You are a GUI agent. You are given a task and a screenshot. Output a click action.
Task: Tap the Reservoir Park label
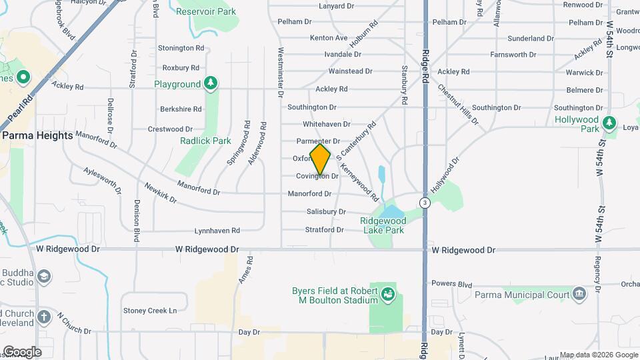[x=207, y=11]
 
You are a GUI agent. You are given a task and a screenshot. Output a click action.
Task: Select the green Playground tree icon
[x=211, y=83]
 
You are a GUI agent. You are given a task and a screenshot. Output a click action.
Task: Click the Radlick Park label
[x=205, y=141]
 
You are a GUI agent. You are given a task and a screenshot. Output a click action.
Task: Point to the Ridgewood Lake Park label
[x=383, y=225]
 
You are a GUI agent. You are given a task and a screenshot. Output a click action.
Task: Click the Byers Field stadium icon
[x=387, y=292]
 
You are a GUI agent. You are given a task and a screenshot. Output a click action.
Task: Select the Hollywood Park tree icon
[x=609, y=123]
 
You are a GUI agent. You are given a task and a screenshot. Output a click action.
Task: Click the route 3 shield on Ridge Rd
[x=424, y=202]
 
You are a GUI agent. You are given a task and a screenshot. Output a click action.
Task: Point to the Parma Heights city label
[x=37, y=135]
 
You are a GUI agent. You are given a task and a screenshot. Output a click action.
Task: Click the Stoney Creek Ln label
[x=150, y=310]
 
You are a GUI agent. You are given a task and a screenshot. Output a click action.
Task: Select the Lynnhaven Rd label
[x=217, y=231]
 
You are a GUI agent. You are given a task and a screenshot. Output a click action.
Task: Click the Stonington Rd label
[x=181, y=48]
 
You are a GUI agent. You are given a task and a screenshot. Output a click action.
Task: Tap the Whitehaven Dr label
[x=326, y=124]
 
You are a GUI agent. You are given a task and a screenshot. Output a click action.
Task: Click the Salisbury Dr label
[x=326, y=211]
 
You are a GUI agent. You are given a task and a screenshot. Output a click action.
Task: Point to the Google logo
[x=22, y=351]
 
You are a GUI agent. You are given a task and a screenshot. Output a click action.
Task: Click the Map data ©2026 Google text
[x=598, y=355]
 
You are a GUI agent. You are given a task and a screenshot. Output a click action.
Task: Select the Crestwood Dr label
[x=170, y=129]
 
